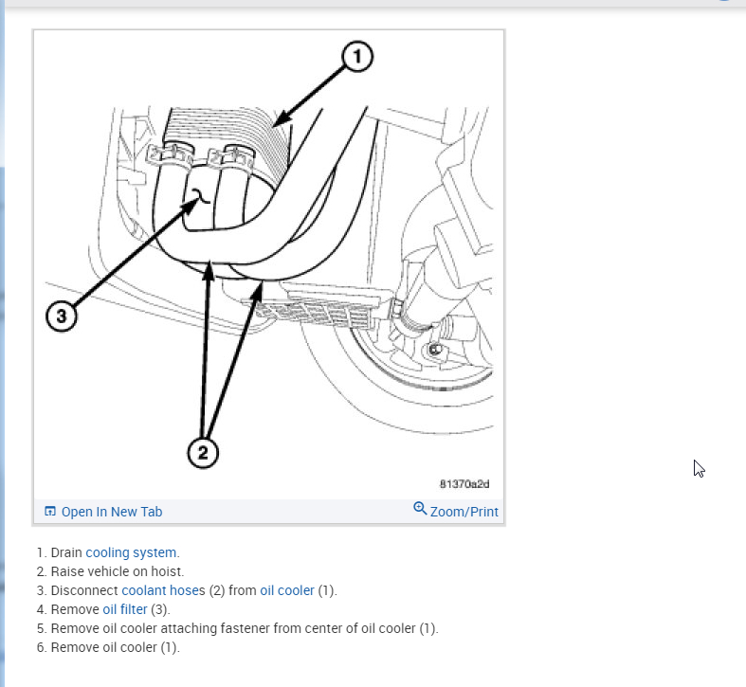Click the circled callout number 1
click(356, 58)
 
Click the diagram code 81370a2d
click(464, 484)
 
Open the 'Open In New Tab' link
click(112, 512)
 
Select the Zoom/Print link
click(464, 512)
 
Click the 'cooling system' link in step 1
click(131, 552)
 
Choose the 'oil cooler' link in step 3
click(287, 590)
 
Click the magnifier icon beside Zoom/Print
click(420, 509)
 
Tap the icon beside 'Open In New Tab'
click(50, 512)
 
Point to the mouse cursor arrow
click(699, 468)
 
